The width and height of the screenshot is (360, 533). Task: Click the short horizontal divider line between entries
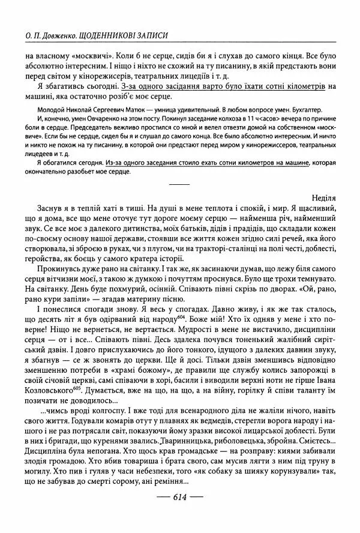pyautogui.click(x=179, y=182)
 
